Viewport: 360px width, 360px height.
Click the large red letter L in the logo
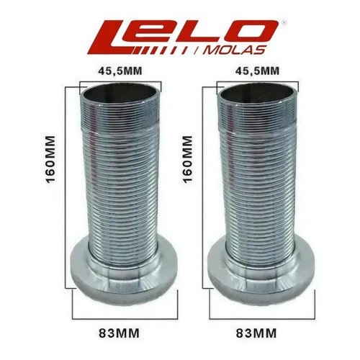coord(113,38)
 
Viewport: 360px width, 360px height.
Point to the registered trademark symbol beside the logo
coord(284,23)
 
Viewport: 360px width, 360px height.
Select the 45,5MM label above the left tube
coord(120,71)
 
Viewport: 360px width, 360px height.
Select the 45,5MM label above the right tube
coord(257,71)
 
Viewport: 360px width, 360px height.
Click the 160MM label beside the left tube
coord(50,160)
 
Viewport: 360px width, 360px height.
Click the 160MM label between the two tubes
coord(188,160)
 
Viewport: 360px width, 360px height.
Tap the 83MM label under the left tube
coord(120,333)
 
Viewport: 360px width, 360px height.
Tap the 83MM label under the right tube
coord(256,333)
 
